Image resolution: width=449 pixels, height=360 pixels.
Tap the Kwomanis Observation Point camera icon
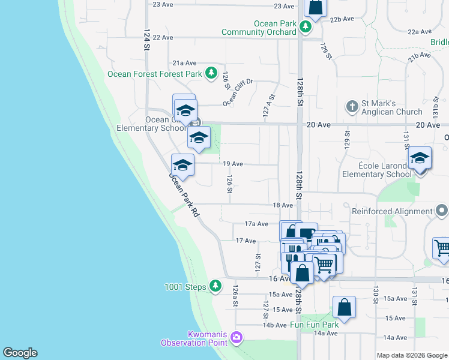pos(237,338)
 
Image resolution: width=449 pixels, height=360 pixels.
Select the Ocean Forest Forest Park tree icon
pos(211,74)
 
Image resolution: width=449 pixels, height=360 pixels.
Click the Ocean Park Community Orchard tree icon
pos(306,27)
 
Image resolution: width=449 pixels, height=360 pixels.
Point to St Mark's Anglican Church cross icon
pos(352,107)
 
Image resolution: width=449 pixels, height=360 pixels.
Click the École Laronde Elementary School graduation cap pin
pos(420,159)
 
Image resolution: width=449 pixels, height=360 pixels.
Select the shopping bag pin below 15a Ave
pos(344,307)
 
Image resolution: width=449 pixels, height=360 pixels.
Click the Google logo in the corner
pos(20,353)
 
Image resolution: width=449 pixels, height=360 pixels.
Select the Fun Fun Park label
pos(315,325)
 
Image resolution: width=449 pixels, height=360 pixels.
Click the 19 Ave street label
pos(233,164)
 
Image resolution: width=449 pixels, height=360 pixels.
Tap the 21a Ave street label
pos(185,62)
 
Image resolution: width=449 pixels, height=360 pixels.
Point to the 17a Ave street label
pos(256,224)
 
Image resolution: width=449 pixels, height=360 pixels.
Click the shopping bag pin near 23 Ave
pos(315,8)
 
